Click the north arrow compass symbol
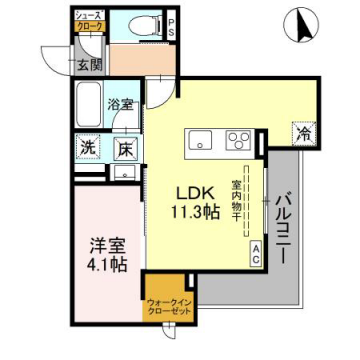(298, 24)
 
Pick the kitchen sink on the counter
(197, 140)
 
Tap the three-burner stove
(238, 140)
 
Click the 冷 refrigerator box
(301, 132)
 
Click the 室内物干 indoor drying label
(237, 200)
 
